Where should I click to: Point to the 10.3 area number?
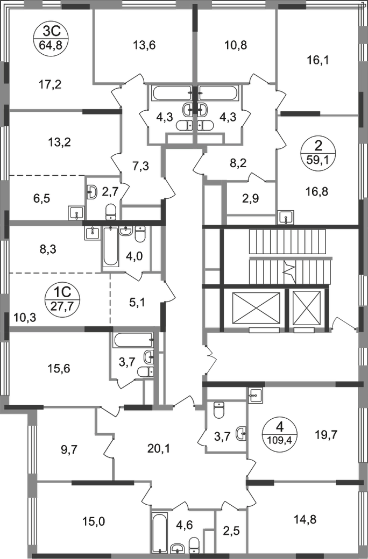point(25,317)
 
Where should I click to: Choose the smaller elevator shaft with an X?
point(309,310)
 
